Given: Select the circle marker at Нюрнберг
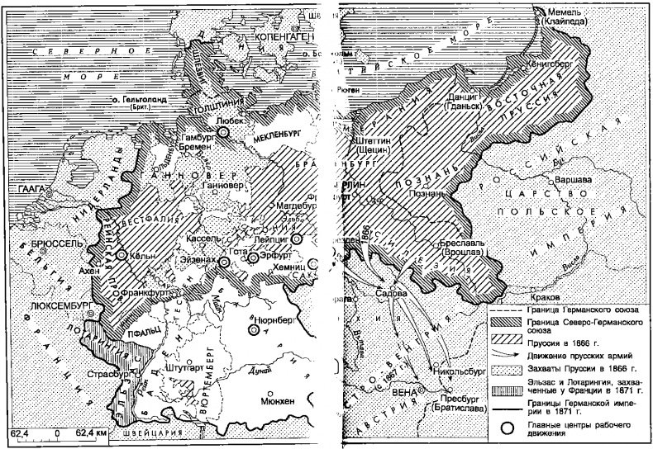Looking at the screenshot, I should (255, 328).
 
